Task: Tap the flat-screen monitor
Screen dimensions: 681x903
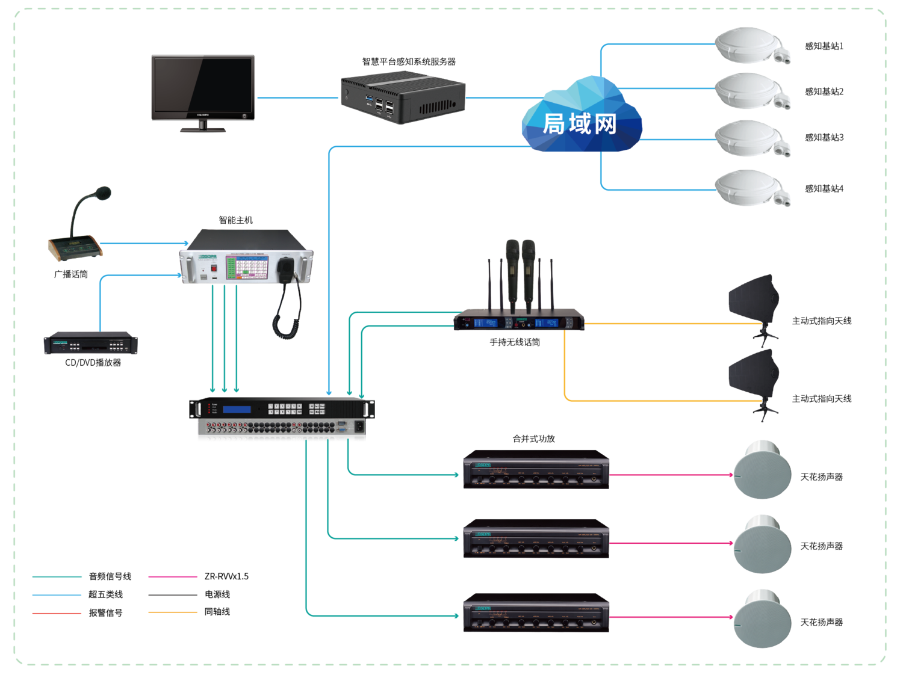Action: [203, 87]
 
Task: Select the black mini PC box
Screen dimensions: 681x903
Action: [402, 97]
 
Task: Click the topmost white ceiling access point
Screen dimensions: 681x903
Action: [749, 45]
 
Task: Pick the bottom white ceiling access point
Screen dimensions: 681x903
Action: [749, 188]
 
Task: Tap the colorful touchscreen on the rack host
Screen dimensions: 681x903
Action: [247, 267]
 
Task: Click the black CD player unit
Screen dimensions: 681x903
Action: [90, 343]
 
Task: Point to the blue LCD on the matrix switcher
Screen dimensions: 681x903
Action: [237, 410]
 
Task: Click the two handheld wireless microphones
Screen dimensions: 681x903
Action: [520, 271]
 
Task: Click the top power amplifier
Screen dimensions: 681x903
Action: [536, 469]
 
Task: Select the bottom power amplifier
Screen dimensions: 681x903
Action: [536, 612]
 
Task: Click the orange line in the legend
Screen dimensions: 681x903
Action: [173, 612]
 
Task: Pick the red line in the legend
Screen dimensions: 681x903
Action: [57, 614]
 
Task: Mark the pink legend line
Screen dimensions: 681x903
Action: [173, 577]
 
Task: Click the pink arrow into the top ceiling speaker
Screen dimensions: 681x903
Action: [729, 475]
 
